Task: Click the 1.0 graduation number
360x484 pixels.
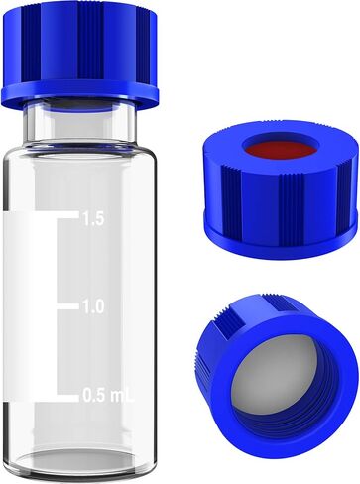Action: point(92,306)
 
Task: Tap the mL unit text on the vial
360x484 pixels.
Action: point(118,396)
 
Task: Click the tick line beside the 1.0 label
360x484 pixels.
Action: point(67,306)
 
